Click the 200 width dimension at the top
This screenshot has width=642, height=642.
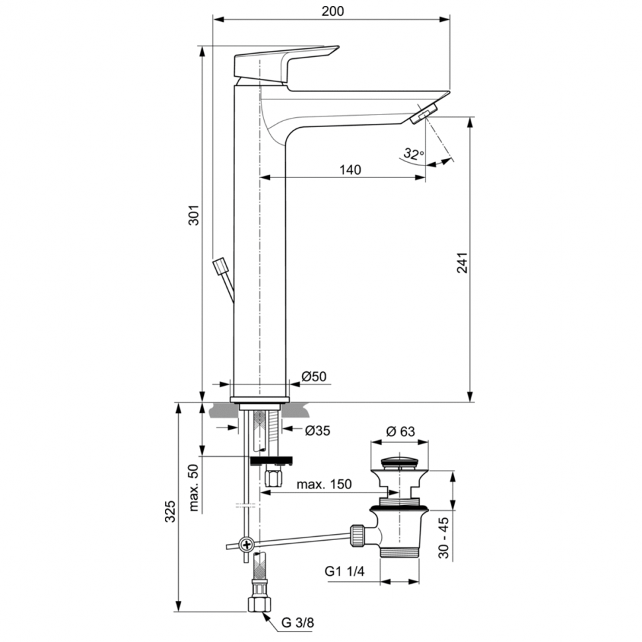(332, 11)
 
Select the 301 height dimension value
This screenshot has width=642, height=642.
(194, 215)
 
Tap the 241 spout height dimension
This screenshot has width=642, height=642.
(462, 263)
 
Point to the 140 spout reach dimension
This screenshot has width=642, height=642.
(350, 169)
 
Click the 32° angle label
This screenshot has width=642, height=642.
(414, 154)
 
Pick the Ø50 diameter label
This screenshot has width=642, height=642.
(314, 376)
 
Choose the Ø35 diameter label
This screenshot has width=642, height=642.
(317, 430)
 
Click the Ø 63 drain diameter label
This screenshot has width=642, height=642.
(400, 431)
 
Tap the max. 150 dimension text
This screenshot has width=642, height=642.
(324, 484)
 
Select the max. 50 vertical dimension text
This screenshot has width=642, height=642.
(194, 488)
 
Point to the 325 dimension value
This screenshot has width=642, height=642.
(170, 511)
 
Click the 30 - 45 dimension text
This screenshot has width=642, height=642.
(444, 537)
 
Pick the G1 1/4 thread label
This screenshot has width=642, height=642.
(345, 571)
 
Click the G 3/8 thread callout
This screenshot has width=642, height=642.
(298, 623)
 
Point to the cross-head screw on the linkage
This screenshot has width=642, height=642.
(247, 545)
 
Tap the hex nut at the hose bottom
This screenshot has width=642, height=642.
(259, 604)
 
